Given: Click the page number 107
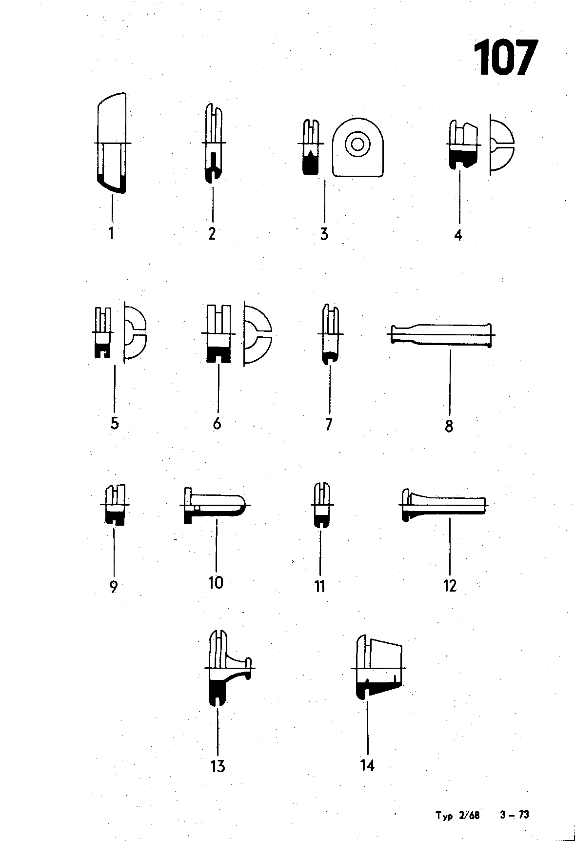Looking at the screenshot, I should point(505,58).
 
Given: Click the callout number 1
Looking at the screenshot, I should point(112,233).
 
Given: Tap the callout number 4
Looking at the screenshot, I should point(458,235).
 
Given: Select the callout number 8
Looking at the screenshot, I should point(449,426).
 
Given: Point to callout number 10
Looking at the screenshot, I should point(216,582).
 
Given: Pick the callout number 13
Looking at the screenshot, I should point(218,766).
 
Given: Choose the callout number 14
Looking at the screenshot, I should point(367,766).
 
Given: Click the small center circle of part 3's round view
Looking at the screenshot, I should point(357,144).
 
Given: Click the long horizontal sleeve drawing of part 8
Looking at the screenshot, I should point(441,334).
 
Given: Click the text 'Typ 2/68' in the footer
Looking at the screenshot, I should point(457,816).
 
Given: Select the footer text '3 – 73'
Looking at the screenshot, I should point(514,815).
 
